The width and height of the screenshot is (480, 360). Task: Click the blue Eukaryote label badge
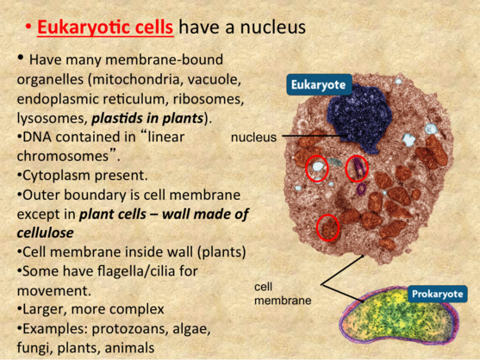click(319, 84)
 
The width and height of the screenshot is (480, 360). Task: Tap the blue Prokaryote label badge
click(438, 294)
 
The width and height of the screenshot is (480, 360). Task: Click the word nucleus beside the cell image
click(253, 137)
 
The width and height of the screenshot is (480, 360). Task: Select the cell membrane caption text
click(283, 294)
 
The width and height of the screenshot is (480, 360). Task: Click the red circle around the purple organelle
click(357, 169)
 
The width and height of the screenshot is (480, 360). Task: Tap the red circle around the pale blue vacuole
click(317, 169)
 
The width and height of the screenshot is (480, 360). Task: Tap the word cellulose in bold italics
click(46, 233)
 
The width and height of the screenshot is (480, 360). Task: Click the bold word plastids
click(117, 118)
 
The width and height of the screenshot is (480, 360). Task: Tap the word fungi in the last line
click(34, 348)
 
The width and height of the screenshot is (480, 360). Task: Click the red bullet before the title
click(28, 28)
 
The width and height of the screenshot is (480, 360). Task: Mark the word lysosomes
click(52, 118)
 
